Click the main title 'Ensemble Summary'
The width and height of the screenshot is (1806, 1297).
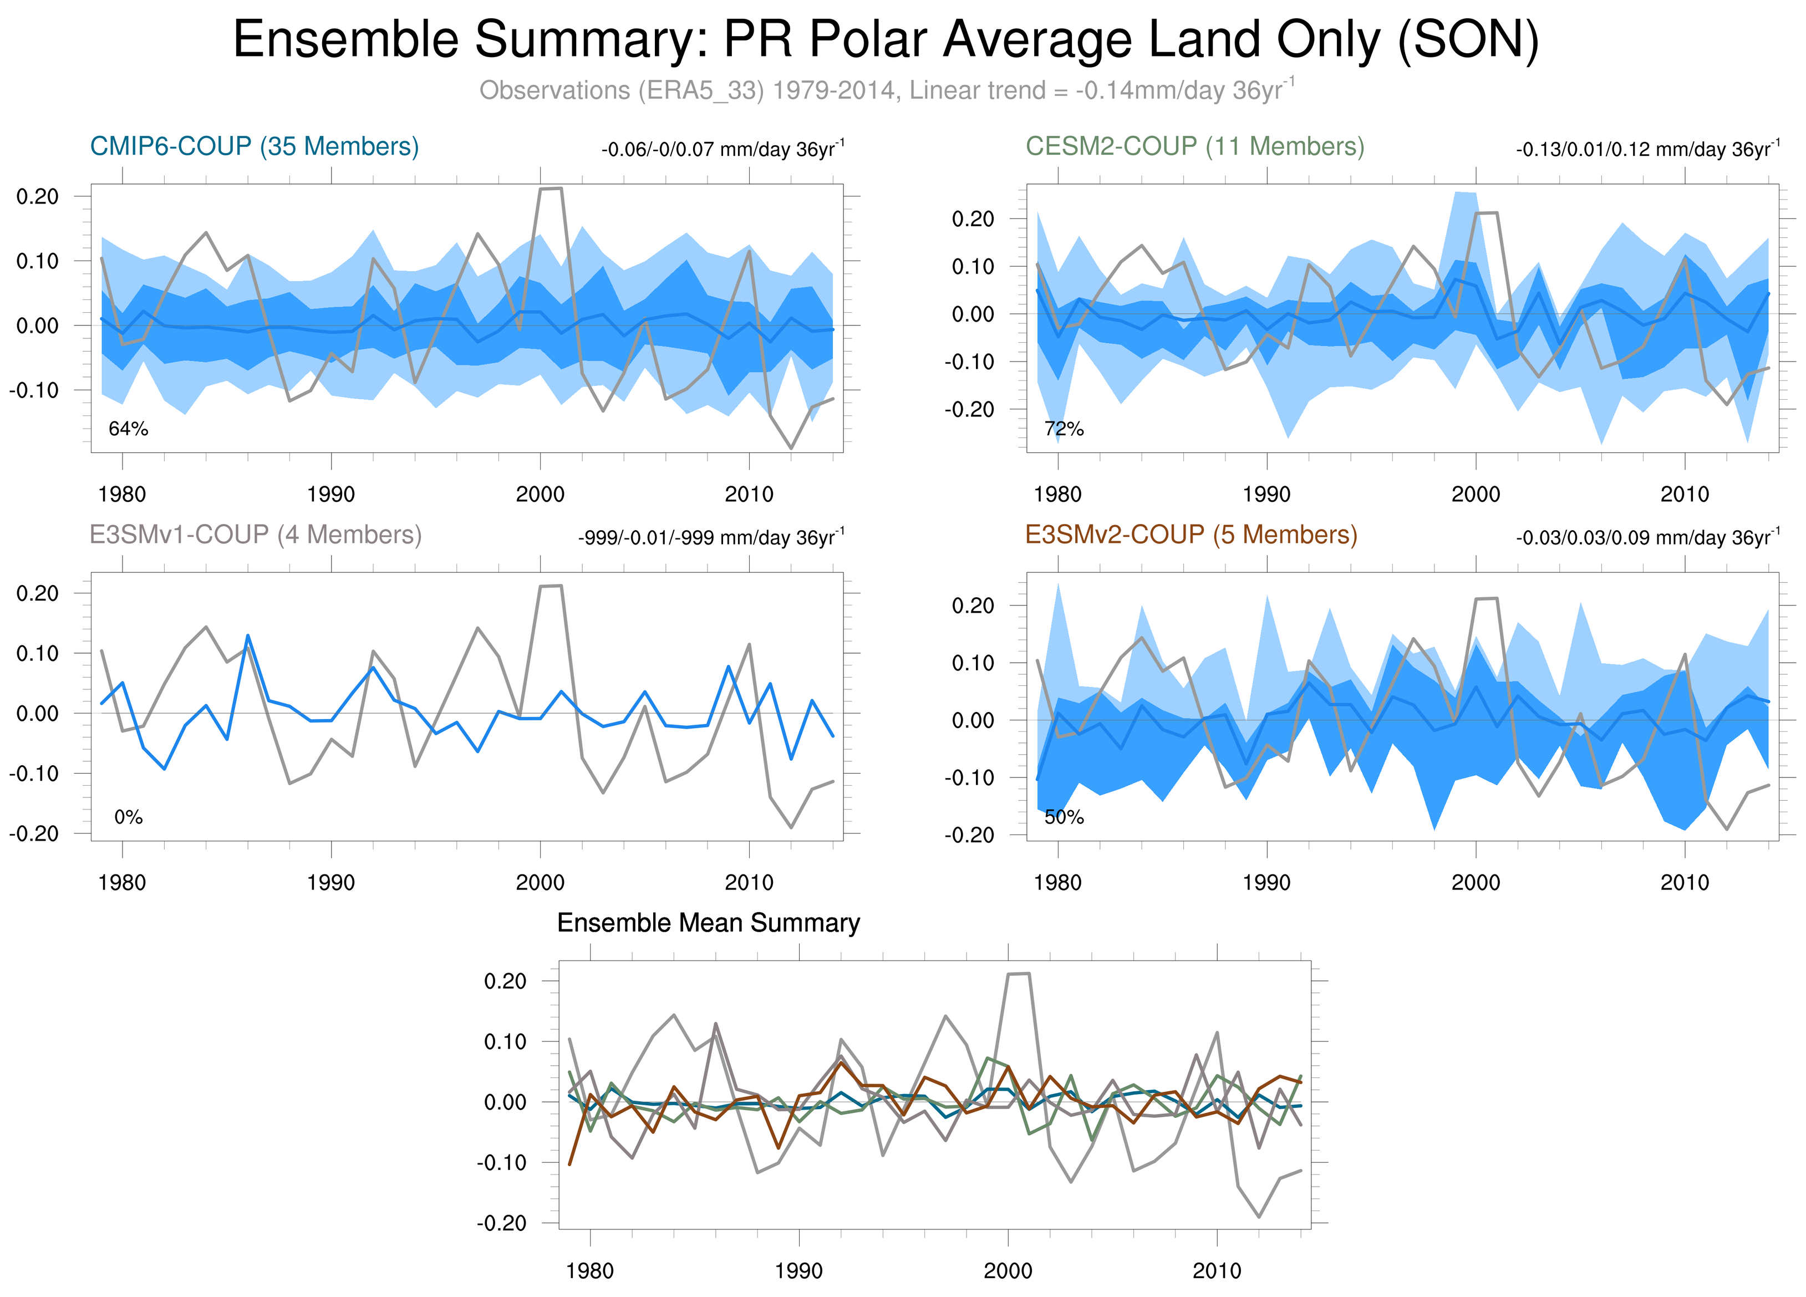(x=886, y=40)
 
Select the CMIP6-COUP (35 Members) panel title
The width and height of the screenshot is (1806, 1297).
(x=254, y=146)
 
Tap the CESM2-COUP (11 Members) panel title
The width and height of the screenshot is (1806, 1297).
(x=1194, y=146)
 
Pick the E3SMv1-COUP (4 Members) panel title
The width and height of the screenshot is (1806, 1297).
(x=256, y=534)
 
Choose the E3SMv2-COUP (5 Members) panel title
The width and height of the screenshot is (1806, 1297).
(x=1191, y=534)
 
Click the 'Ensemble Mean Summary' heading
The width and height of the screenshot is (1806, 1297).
(x=708, y=923)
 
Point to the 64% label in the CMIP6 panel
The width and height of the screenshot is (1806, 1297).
(x=128, y=429)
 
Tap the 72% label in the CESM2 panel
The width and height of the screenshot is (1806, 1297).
(x=1064, y=429)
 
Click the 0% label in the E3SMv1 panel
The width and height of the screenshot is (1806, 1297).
(x=128, y=817)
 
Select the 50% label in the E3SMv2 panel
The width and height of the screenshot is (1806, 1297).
(x=1064, y=817)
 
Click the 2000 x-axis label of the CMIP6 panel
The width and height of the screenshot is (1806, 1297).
(x=540, y=495)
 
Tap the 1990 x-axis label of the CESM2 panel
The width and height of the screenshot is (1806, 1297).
(x=1266, y=495)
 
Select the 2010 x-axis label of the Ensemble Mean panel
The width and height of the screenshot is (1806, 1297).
(x=1216, y=1271)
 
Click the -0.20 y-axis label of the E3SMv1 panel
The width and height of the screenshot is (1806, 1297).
(x=33, y=833)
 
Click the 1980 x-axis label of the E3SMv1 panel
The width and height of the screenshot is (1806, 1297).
(x=122, y=882)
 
